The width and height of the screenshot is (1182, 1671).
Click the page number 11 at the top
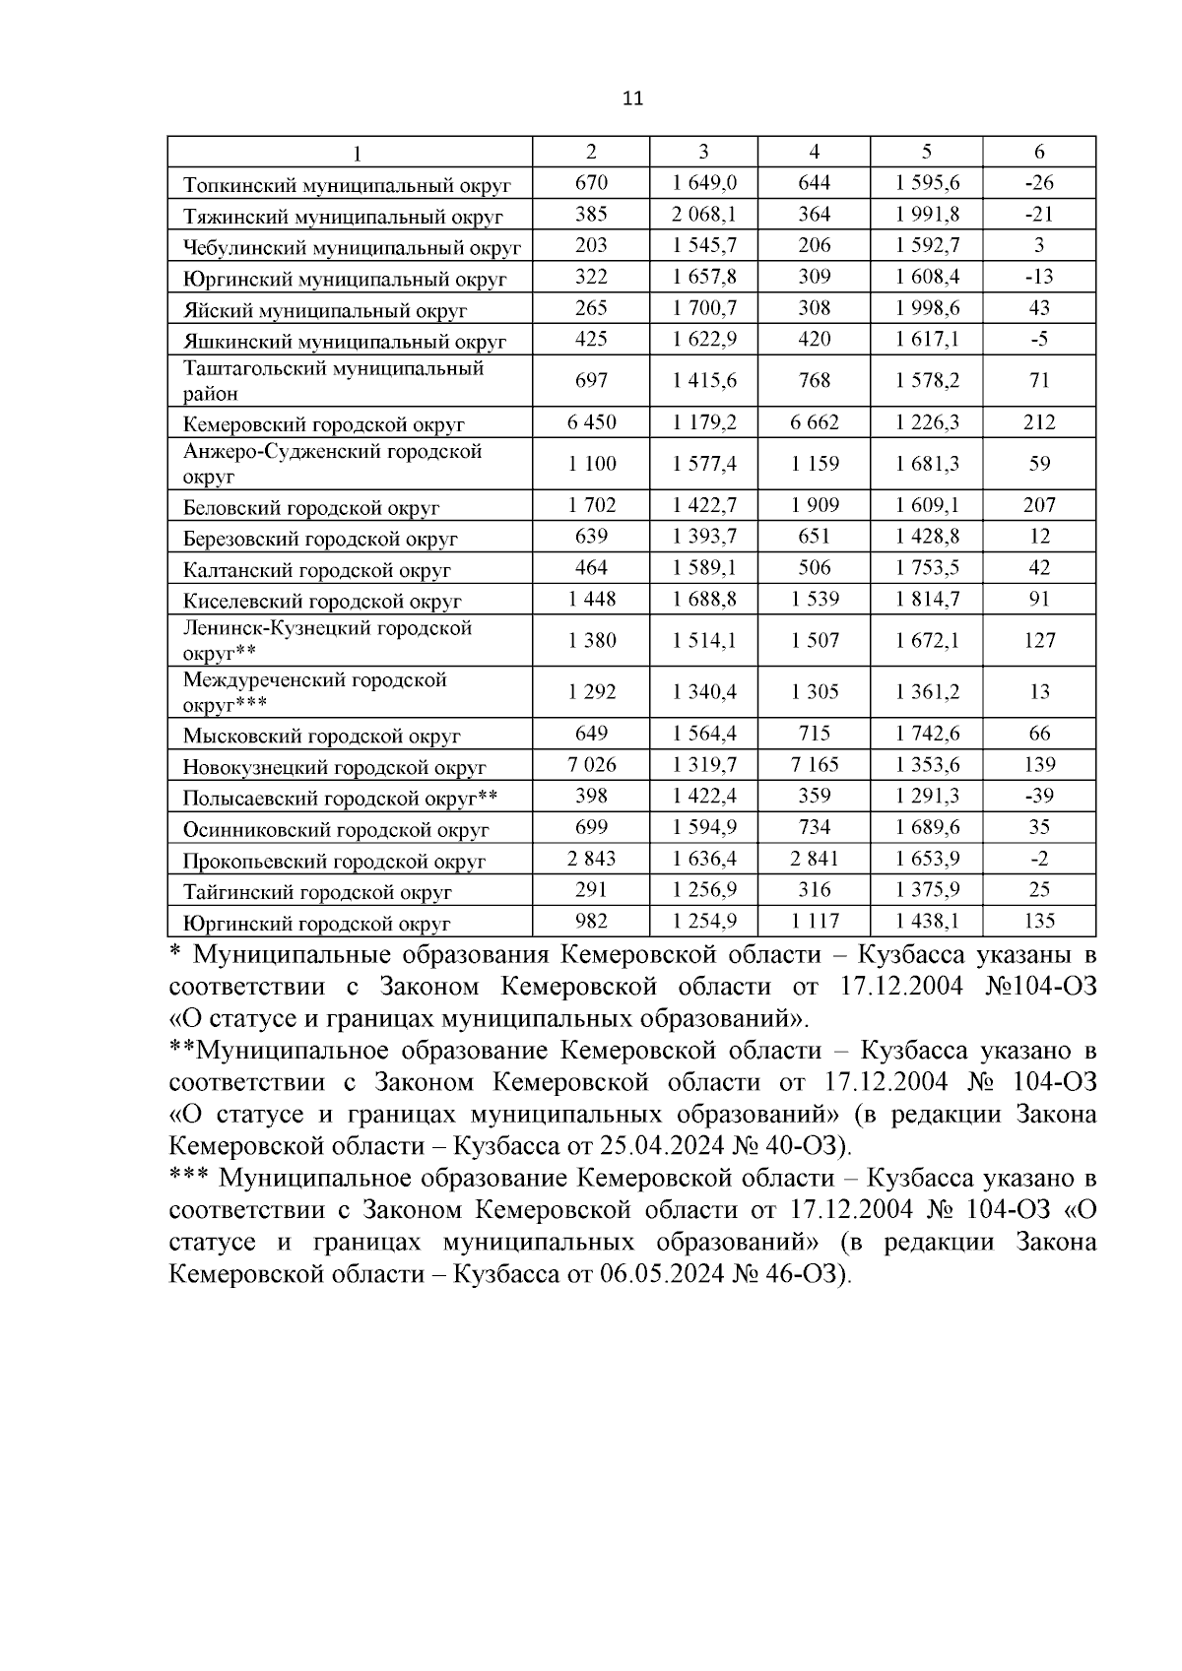coord(632,98)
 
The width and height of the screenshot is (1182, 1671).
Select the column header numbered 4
coord(814,152)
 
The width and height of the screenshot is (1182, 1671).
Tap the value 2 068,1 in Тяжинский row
coord(703,214)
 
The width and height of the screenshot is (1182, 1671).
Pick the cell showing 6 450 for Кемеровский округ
coord(591,422)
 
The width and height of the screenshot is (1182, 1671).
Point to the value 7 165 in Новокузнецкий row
coord(814,764)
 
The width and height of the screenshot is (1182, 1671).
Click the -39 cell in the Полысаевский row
coord(1039,796)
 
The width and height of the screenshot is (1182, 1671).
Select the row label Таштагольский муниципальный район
coord(333,381)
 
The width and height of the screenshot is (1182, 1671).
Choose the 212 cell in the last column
coord(1039,422)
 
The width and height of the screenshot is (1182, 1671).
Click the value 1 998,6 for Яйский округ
coord(926,308)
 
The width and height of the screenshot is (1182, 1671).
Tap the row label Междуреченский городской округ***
coord(315,692)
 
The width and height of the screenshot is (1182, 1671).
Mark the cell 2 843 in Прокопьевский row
coord(591,859)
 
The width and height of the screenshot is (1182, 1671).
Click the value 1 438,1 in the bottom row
coord(926,921)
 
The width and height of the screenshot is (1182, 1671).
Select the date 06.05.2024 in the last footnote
coord(661,1274)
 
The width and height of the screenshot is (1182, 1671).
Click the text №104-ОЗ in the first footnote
coord(1040,987)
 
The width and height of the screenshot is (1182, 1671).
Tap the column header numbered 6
coord(1039,152)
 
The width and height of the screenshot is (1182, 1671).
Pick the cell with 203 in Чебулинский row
coord(591,245)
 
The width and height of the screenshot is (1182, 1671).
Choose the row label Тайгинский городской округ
coord(317,892)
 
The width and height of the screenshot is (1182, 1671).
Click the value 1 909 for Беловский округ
coord(814,506)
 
